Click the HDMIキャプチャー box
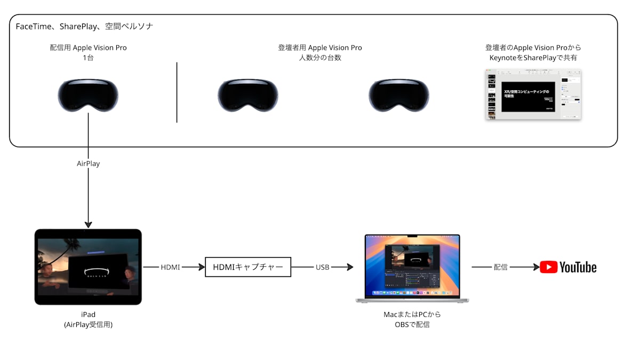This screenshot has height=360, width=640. pos(248,267)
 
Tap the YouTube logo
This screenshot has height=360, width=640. pos(568,267)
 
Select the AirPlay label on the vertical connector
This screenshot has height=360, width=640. pos(88,164)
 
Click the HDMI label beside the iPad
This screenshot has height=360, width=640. pos(171,267)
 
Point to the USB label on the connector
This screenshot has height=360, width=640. pos(322,267)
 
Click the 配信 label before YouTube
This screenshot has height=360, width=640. pos(500,267)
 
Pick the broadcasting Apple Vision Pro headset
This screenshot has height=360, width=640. pos(88,96)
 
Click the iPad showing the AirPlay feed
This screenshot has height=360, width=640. pos(88,267)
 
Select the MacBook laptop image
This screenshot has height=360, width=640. pos(413,268)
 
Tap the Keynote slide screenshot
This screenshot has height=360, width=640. pos(533,94)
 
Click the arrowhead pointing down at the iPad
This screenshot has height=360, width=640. pos(88,225)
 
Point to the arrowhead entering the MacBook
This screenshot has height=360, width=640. pos(350,267)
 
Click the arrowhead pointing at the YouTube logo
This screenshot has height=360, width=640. pos(536,267)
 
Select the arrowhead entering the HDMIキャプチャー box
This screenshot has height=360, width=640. pos(202,267)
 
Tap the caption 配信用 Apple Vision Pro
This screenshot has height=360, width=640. pos(88,47)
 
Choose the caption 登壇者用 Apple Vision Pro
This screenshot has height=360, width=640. pos(319,47)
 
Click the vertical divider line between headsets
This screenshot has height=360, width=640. pos(177,92)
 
